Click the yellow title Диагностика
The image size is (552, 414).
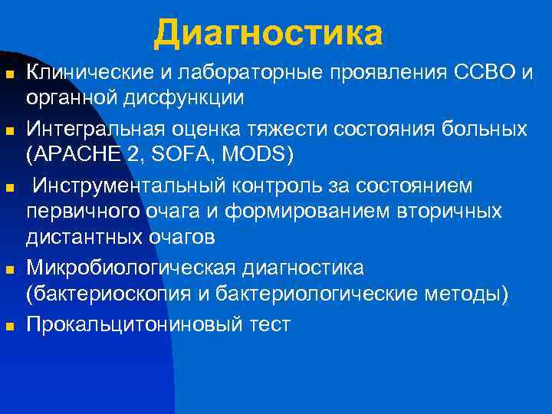pyautogui.click(x=268, y=32)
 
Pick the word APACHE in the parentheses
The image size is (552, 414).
pyautogui.click(x=74, y=154)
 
